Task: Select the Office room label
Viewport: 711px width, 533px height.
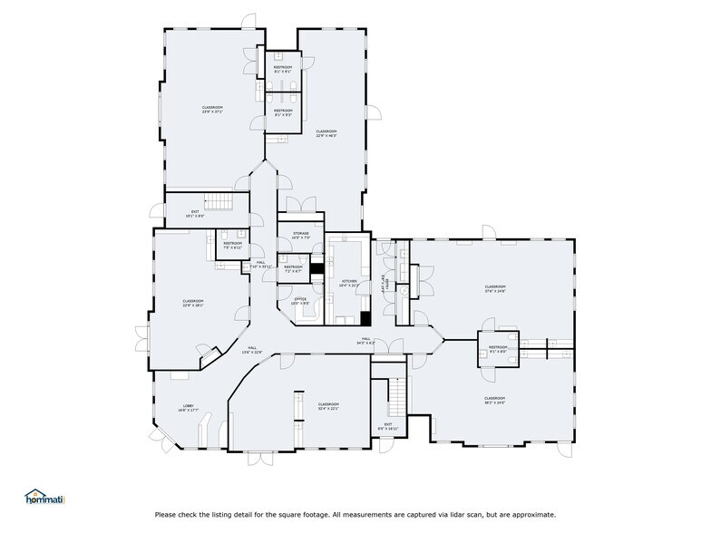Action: (x=299, y=300)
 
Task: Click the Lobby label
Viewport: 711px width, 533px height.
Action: (x=189, y=408)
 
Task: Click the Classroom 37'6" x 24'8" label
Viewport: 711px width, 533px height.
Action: (x=494, y=289)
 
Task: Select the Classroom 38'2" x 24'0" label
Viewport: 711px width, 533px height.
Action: (x=494, y=400)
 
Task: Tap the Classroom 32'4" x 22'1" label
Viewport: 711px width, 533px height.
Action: (x=327, y=406)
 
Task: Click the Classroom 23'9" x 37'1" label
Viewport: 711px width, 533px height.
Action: (x=212, y=110)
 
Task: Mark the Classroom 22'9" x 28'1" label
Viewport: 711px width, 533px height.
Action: (x=192, y=304)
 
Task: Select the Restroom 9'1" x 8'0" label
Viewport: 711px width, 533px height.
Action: (x=499, y=349)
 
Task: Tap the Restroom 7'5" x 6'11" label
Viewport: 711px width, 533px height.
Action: (x=232, y=245)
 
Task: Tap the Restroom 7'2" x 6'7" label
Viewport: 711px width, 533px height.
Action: (x=293, y=268)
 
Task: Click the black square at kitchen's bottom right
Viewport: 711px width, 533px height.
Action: (x=365, y=318)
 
